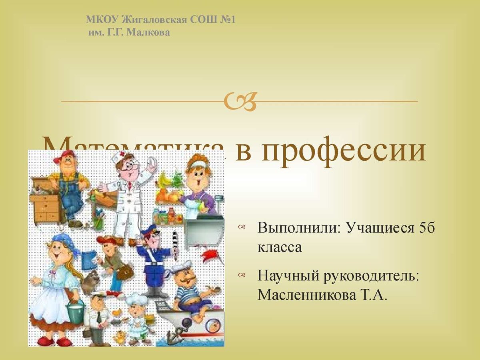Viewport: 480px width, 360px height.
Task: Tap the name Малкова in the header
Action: (x=148, y=32)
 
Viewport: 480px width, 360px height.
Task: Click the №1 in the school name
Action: (x=226, y=20)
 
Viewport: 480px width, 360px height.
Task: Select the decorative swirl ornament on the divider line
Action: (x=240, y=102)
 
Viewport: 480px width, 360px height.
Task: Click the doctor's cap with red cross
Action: (x=122, y=157)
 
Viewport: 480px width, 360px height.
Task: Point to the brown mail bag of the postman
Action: (x=125, y=272)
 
